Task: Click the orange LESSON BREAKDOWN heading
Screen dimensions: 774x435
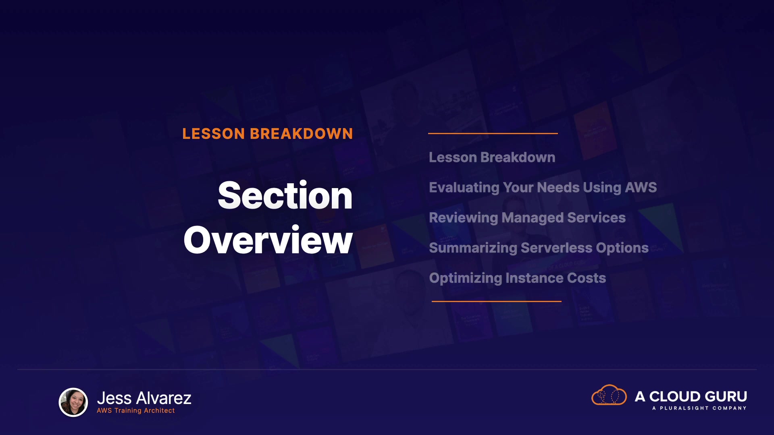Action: click(x=268, y=134)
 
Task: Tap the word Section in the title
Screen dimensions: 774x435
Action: click(x=285, y=195)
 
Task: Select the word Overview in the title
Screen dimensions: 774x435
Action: click(x=268, y=240)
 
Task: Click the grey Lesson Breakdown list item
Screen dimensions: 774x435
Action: click(x=492, y=157)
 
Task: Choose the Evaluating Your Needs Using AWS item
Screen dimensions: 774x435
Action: click(x=543, y=188)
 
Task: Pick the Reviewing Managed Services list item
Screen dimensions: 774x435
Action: click(x=527, y=218)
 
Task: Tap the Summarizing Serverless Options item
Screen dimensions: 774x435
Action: click(x=539, y=248)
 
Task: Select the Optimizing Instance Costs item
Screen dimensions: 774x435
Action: click(x=518, y=278)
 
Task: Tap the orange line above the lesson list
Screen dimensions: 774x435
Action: click(x=493, y=133)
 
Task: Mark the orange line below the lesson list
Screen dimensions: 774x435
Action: click(x=497, y=301)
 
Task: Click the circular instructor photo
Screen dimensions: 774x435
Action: click(x=73, y=402)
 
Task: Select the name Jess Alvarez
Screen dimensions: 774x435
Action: click(x=144, y=398)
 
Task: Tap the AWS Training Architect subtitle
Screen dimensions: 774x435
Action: click(x=136, y=410)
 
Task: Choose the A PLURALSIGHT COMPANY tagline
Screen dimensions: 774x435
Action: click(x=699, y=408)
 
